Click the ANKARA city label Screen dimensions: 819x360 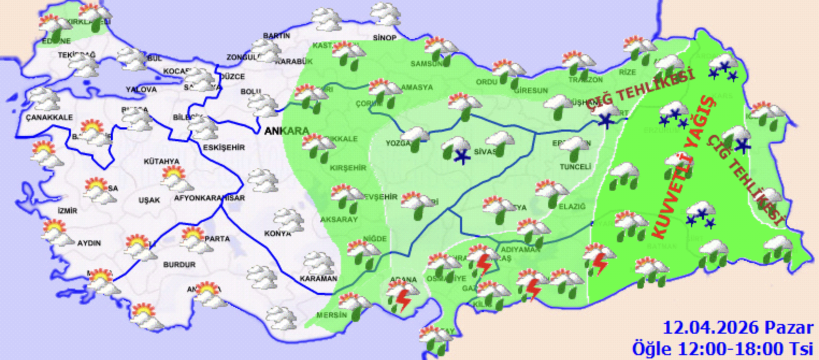click(286, 131)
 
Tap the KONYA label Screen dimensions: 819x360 click(277, 234)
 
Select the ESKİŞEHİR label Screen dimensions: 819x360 click(224, 147)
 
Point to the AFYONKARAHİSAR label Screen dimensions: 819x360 click(210, 198)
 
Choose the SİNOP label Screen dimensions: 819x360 click(384, 38)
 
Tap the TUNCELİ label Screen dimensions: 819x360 click(576, 167)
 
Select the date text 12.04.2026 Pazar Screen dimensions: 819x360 click(738, 328)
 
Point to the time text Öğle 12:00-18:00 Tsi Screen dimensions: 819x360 click(723, 348)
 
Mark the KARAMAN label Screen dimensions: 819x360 click(319, 279)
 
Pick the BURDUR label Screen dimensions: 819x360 click(179, 265)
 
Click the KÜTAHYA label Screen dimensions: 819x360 click(161, 161)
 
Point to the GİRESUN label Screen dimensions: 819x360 click(531, 90)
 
